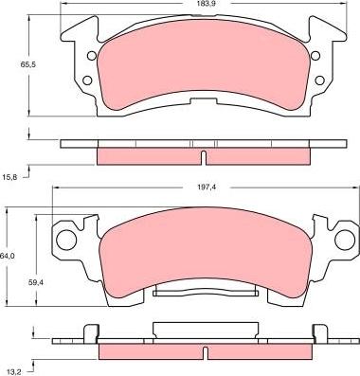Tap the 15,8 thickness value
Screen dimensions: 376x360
(9, 177)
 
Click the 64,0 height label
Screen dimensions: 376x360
(8, 256)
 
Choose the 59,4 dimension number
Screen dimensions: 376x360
(35, 281)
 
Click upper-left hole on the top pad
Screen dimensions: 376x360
(92, 55)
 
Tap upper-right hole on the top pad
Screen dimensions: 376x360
(318, 55)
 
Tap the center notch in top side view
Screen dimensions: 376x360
(205, 155)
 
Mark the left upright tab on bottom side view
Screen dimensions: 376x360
(92, 331)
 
